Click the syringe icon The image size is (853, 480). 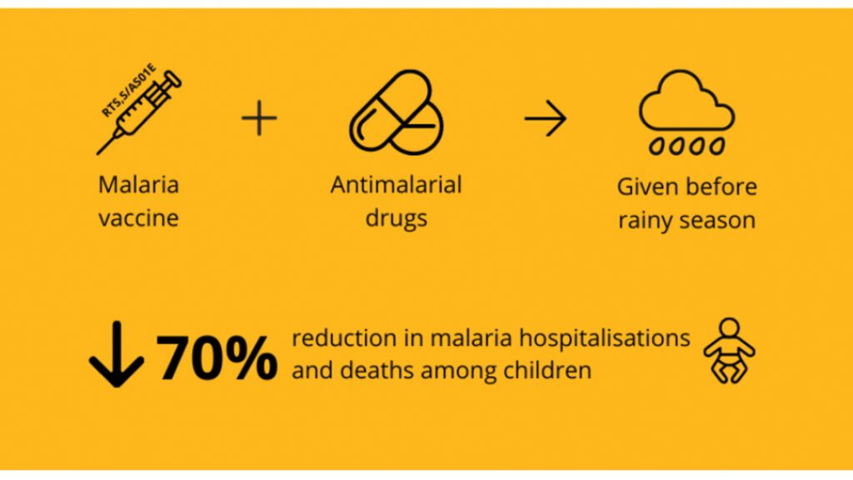(139, 112)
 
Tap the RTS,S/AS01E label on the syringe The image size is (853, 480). (128, 90)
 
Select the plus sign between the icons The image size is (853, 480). (260, 118)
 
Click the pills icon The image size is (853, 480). (396, 112)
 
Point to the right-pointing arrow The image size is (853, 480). (545, 118)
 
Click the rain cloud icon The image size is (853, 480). (686, 112)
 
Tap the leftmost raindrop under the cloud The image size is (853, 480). (657, 147)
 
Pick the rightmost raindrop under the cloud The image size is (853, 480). (717, 147)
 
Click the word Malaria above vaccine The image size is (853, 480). (139, 184)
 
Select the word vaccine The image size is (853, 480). (139, 218)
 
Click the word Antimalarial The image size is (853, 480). (396, 184)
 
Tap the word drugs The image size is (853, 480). (396, 219)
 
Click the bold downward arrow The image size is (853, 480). (117, 353)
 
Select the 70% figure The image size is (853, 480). (217, 357)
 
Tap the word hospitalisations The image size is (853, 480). (605, 339)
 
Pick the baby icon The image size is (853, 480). (729, 351)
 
